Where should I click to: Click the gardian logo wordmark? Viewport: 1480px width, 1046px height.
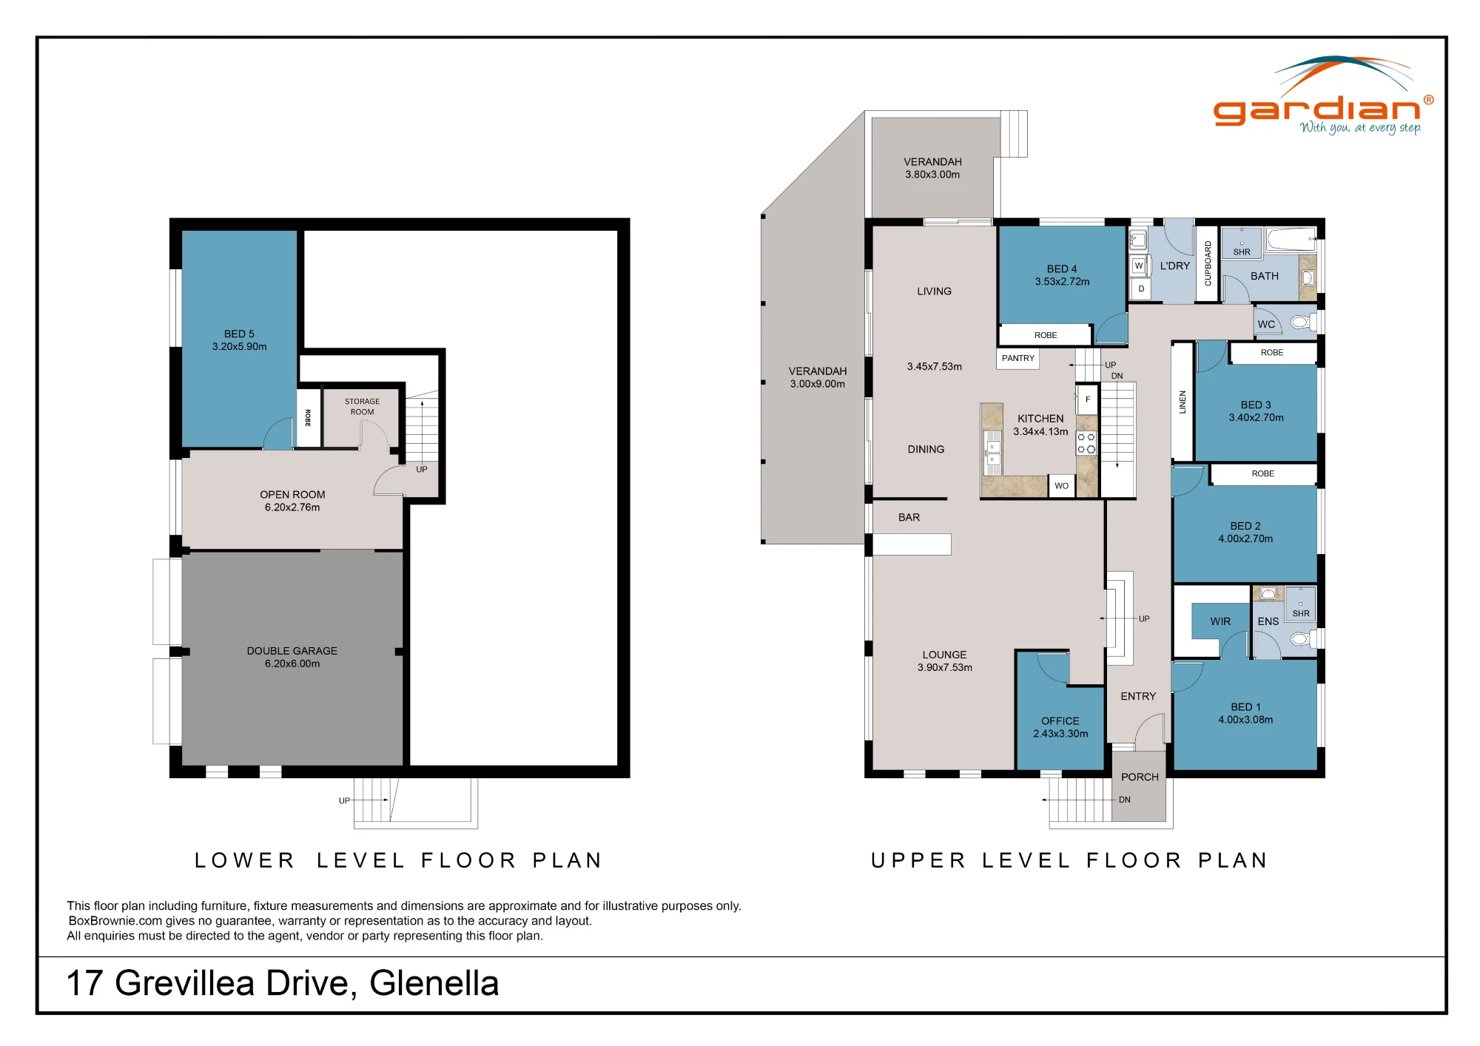(x=1317, y=110)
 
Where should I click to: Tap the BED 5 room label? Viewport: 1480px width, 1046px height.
(x=239, y=334)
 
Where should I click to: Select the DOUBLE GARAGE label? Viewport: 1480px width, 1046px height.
(x=292, y=651)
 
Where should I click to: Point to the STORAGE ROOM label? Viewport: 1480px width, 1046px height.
(x=362, y=407)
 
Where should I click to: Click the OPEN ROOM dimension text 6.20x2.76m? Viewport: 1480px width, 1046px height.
(x=292, y=507)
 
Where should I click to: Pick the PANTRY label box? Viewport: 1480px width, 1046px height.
(x=1018, y=358)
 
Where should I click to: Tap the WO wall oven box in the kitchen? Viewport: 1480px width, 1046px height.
(x=1061, y=486)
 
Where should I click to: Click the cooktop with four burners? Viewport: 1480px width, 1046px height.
(x=1086, y=443)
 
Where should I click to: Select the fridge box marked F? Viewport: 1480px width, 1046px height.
(x=1087, y=399)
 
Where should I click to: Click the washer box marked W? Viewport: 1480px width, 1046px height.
(x=1139, y=266)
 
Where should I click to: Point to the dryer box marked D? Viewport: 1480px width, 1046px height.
(x=1141, y=289)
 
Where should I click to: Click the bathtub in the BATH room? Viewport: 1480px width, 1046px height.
(x=1291, y=239)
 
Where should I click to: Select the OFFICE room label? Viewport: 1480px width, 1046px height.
(x=1060, y=721)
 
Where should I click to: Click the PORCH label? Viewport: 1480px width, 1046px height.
(x=1140, y=777)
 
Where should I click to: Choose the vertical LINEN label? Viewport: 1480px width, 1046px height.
(x=1183, y=402)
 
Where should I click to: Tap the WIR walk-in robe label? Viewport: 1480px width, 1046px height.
(x=1220, y=621)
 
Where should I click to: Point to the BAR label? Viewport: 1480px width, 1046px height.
(x=909, y=517)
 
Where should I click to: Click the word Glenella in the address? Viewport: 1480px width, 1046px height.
(x=434, y=983)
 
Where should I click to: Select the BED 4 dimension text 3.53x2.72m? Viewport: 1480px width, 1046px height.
(x=1062, y=281)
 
